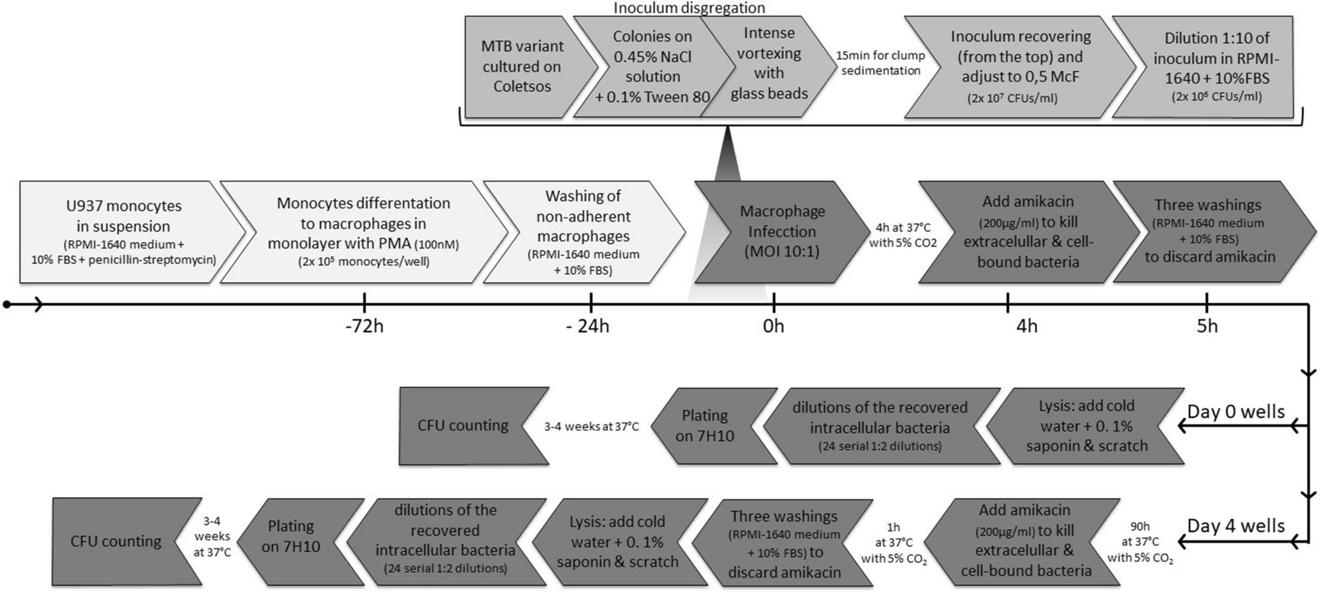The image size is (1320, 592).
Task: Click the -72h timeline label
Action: click(364, 326)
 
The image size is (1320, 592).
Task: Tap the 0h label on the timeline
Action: click(773, 326)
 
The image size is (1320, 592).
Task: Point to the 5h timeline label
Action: click(1207, 326)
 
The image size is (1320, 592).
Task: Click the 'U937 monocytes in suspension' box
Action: click(123, 232)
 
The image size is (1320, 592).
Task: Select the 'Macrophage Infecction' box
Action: click(782, 232)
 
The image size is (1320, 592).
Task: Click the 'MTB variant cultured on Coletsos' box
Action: click(522, 66)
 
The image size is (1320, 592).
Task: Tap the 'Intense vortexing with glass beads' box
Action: click(769, 64)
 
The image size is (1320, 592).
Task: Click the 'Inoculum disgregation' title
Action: click(689, 8)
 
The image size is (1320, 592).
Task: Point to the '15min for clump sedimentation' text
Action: click(880, 63)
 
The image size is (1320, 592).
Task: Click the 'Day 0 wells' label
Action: click(1235, 412)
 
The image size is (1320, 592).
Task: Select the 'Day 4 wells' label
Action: click(1235, 526)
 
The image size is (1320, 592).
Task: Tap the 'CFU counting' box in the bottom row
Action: click(116, 541)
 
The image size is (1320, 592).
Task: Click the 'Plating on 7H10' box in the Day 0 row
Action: click(705, 426)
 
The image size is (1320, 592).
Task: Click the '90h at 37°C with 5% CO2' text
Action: click(1140, 542)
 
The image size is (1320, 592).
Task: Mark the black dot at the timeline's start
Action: click(7, 305)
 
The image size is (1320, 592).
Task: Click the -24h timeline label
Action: click(588, 326)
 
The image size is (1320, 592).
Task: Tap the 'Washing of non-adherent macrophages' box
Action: click(583, 232)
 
